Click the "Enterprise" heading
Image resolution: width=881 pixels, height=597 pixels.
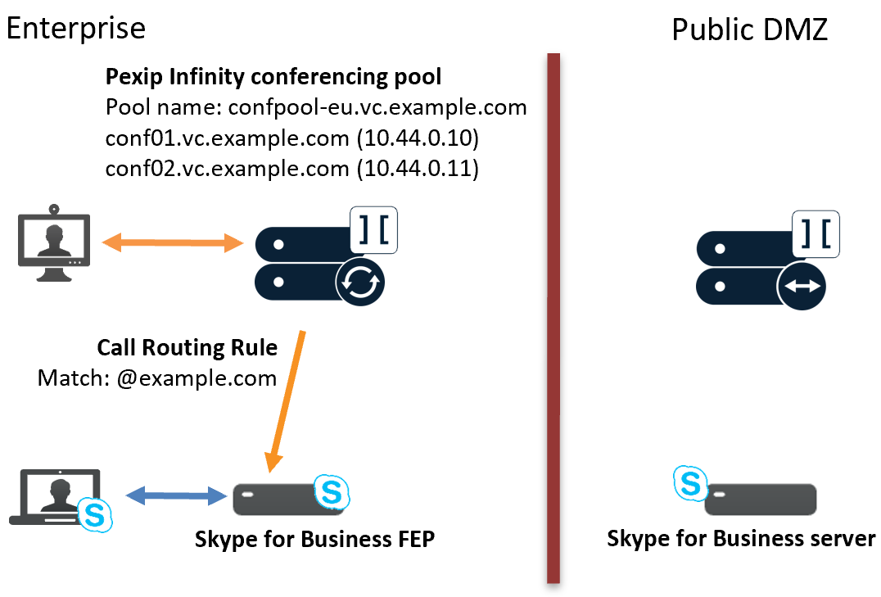(x=76, y=29)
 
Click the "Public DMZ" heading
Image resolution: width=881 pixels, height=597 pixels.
(x=749, y=29)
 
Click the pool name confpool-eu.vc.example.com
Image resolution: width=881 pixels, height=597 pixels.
(x=377, y=108)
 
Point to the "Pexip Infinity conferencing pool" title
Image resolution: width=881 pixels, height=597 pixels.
(x=273, y=78)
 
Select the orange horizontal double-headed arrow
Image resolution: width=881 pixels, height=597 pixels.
(x=173, y=242)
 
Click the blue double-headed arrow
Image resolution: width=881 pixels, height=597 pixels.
(x=176, y=495)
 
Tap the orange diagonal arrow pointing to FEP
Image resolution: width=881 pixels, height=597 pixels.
(x=288, y=400)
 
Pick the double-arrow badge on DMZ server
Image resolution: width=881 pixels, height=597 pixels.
(x=802, y=286)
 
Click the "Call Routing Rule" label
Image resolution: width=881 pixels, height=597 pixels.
(x=187, y=347)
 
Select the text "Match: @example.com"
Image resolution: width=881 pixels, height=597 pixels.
(x=157, y=378)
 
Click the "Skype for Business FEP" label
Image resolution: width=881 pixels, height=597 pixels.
(x=314, y=540)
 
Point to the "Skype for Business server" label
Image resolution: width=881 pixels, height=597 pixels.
(x=741, y=540)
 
